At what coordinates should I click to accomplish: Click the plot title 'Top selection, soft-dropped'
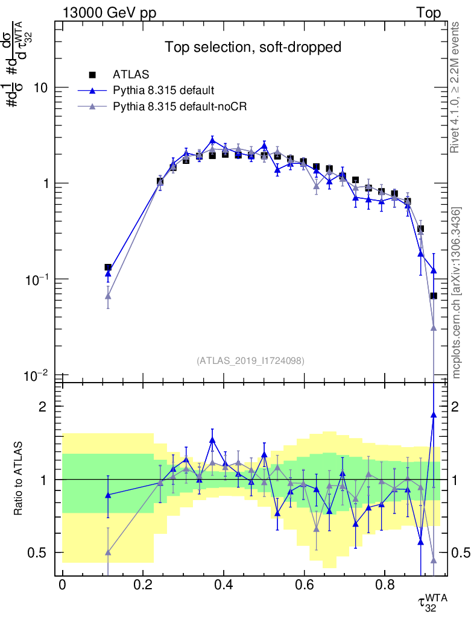pyautogui.click(x=253, y=47)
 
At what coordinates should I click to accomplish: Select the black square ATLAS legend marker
pyautogui.click(x=93, y=75)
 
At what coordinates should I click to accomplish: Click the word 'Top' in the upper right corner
pyautogui.click(x=428, y=13)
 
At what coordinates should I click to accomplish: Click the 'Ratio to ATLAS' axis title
pyautogui.click(x=19, y=480)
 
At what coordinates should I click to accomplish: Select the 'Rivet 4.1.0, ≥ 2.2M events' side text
pyautogui.click(x=456, y=87)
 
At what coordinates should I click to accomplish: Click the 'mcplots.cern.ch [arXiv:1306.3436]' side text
pyautogui.click(x=456, y=292)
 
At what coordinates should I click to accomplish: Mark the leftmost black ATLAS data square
pyautogui.click(x=108, y=268)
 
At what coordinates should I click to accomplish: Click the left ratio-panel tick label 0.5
pyautogui.click(x=42, y=553)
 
